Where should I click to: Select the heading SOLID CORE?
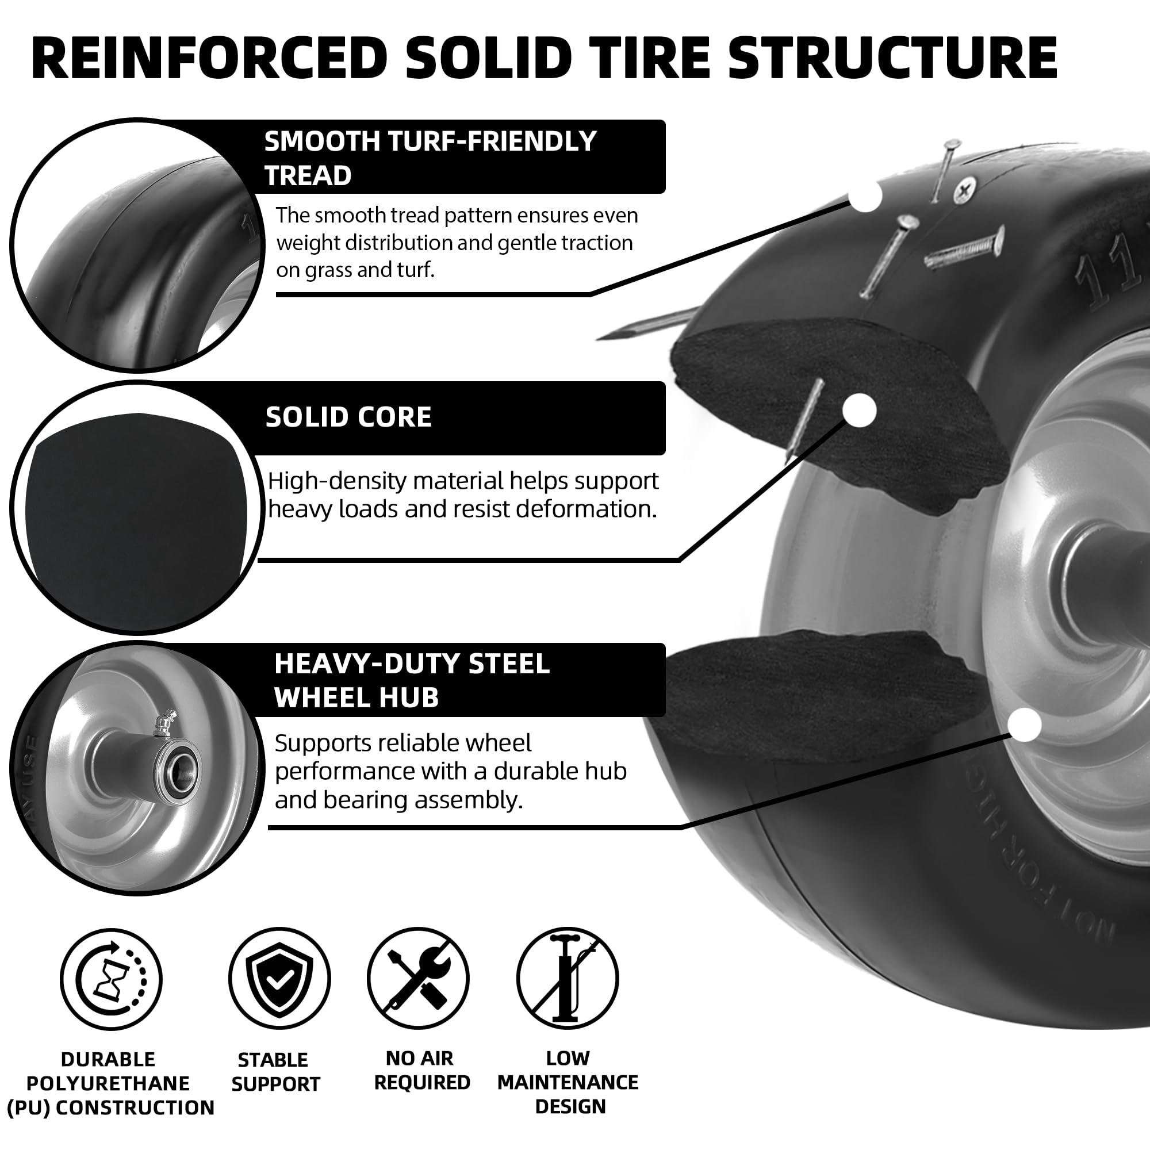(348, 417)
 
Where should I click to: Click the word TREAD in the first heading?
(308, 175)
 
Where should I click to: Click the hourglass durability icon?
(112, 979)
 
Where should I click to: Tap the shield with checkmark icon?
(279, 979)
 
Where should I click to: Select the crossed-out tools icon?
(418, 979)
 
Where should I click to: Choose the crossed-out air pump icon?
(568, 979)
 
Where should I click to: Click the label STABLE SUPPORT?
(275, 1072)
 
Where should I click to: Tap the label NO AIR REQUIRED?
(421, 1070)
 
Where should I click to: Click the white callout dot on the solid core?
(860, 410)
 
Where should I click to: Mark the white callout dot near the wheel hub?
(1025, 725)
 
